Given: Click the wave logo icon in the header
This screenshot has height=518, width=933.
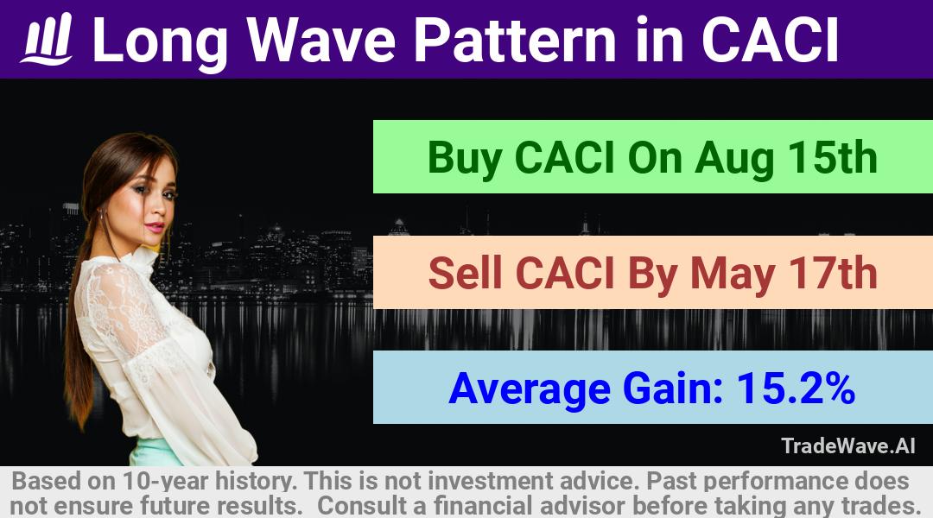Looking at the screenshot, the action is click(47, 39).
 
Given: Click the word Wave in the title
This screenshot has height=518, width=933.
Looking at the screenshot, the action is click(321, 40).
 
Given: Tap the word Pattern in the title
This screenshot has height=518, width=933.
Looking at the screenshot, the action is click(515, 40).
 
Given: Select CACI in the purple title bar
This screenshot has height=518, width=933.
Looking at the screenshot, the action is click(771, 40).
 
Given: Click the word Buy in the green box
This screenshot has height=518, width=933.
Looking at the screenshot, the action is click(464, 158).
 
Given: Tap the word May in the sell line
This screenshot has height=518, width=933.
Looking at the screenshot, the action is click(732, 275).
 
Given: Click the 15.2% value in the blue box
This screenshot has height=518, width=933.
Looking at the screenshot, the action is click(797, 388).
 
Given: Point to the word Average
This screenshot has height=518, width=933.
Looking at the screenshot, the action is click(530, 389).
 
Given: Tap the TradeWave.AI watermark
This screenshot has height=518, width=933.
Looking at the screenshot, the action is click(848, 446).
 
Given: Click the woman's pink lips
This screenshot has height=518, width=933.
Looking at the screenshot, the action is click(155, 227).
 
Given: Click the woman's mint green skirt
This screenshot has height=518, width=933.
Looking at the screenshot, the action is click(155, 452).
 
